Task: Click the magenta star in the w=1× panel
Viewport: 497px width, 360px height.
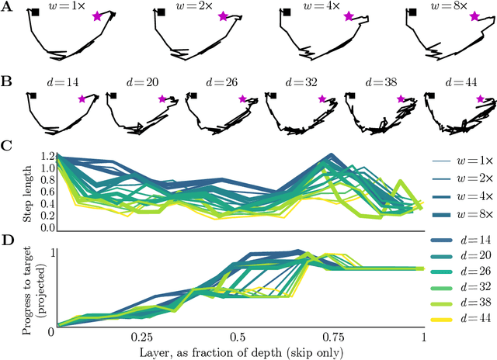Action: pyautogui.click(x=96, y=16)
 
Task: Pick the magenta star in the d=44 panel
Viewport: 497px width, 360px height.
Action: pyautogui.click(x=481, y=99)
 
